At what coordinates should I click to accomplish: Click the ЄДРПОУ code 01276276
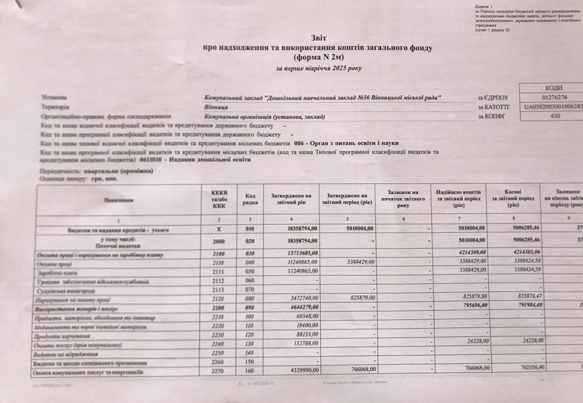pos(554,97)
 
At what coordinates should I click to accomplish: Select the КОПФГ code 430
pos(555,116)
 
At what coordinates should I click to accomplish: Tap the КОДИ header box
pos(554,88)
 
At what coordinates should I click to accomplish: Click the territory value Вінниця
pos(216,107)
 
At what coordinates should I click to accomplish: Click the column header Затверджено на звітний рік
pos(291,199)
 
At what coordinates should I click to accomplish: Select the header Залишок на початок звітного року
pos(403,199)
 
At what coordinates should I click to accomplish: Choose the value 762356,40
pos(527,367)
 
